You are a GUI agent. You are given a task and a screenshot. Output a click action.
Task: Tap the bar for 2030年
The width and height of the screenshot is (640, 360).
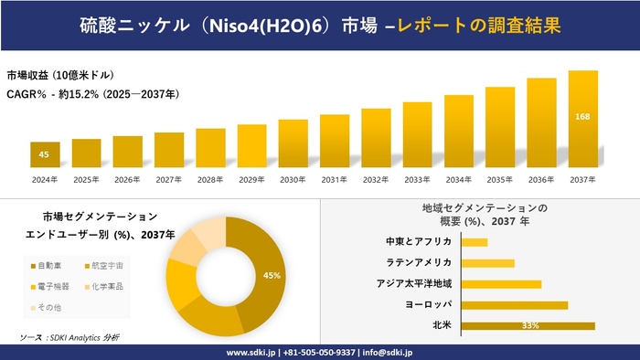[x=293, y=143]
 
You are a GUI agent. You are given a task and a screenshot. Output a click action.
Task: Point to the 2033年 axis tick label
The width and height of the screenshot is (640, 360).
[x=417, y=179]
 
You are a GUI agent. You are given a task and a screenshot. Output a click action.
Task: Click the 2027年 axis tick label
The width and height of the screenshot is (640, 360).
[x=169, y=179]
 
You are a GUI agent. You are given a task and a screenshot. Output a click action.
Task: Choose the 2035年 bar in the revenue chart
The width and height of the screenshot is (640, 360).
[x=500, y=128]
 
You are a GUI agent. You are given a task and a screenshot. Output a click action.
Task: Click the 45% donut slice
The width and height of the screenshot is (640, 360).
[x=266, y=274]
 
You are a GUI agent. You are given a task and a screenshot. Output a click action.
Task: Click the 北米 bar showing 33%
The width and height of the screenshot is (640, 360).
[x=528, y=325]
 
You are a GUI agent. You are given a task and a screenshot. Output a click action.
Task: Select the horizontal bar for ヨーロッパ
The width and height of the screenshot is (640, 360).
[x=515, y=304]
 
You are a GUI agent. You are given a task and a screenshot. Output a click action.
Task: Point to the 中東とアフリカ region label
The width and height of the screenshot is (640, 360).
[x=420, y=242]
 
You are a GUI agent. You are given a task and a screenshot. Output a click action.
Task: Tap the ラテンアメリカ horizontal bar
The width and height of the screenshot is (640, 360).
[x=488, y=263]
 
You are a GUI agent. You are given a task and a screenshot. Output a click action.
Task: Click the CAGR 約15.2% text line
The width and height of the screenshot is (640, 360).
[x=92, y=93]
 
